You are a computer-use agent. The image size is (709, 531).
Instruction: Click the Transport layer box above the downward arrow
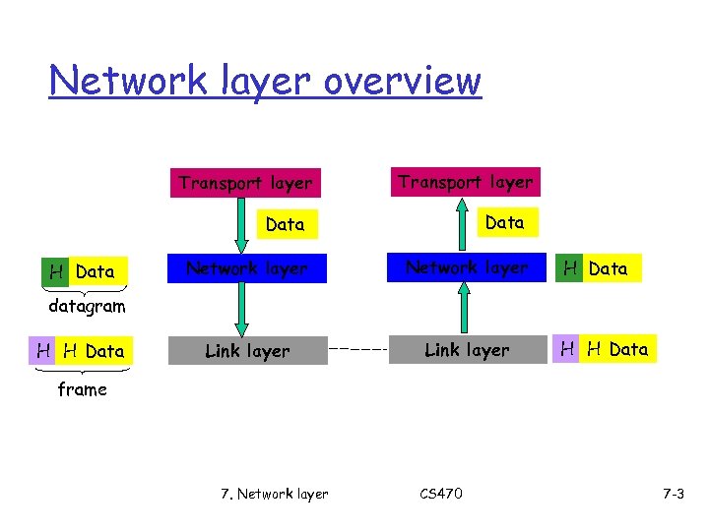pyautogui.click(x=245, y=183)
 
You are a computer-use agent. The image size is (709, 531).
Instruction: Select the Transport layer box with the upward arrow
pyautogui.click(x=465, y=182)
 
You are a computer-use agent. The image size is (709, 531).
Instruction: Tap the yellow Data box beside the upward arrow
pyautogui.click(x=505, y=223)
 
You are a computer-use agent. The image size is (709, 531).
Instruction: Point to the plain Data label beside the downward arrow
pyautogui.click(x=286, y=224)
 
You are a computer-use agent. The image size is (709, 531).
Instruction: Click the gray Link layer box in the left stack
pyautogui.click(x=247, y=351)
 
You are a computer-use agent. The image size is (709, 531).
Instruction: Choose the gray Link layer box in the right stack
pyautogui.click(x=467, y=350)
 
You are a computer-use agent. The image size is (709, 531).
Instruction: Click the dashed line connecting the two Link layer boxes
pyautogui.click(x=357, y=349)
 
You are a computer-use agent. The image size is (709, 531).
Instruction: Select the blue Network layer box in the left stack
pyautogui.click(x=247, y=268)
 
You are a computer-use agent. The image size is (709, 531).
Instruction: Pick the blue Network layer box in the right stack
pyautogui.click(x=467, y=267)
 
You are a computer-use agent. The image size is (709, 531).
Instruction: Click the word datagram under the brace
pyautogui.click(x=88, y=306)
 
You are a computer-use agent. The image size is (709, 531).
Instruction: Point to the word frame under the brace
pyautogui.click(x=82, y=389)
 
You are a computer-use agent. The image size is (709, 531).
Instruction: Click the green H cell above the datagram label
pyautogui.click(x=56, y=271)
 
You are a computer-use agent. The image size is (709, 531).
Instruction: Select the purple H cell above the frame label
pyautogui.click(x=43, y=351)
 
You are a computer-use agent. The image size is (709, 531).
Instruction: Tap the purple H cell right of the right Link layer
pyautogui.click(x=567, y=349)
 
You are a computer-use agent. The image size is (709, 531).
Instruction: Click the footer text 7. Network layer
pyautogui.click(x=275, y=494)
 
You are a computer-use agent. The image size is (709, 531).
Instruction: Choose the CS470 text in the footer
pyautogui.click(x=438, y=494)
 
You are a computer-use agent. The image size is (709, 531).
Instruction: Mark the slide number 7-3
pyautogui.click(x=673, y=494)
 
